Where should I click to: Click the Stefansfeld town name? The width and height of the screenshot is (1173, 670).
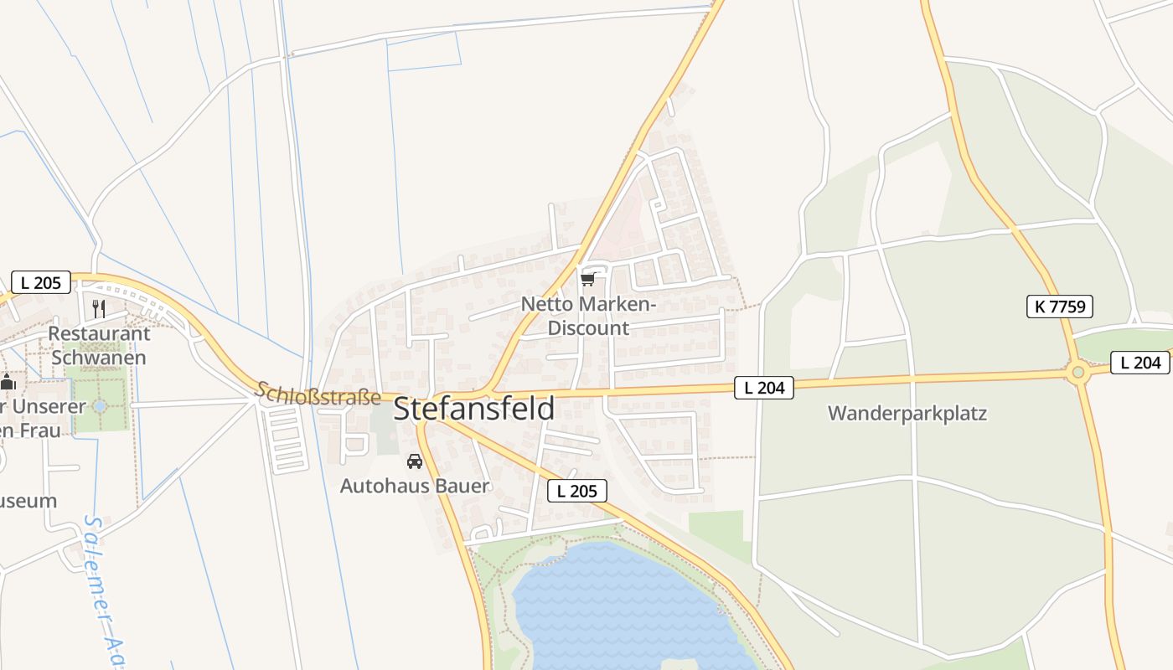[473, 409]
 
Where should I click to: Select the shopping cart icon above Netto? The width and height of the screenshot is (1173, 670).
[587, 279]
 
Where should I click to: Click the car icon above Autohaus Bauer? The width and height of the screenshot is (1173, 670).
[414, 461]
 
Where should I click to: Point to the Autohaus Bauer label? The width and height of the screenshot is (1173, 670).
[414, 486]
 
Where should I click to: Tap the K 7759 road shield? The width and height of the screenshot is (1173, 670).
[1061, 307]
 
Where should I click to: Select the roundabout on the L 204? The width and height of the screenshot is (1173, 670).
[1078, 371]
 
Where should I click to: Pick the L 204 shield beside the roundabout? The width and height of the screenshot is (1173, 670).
[1140, 363]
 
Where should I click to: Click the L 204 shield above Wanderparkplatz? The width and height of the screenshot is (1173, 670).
[763, 387]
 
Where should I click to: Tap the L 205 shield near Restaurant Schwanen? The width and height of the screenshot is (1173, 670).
[41, 282]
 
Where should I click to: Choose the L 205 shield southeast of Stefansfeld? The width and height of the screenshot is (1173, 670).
[576, 491]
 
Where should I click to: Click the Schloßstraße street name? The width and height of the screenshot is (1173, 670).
[318, 394]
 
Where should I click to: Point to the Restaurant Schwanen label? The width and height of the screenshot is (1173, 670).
[99, 345]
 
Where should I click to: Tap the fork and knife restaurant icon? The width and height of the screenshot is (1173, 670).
[99, 308]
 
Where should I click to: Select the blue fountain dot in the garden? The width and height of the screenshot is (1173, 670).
[100, 406]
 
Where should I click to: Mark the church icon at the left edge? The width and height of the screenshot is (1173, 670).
[8, 382]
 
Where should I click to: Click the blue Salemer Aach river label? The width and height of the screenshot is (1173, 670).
[105, 590]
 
